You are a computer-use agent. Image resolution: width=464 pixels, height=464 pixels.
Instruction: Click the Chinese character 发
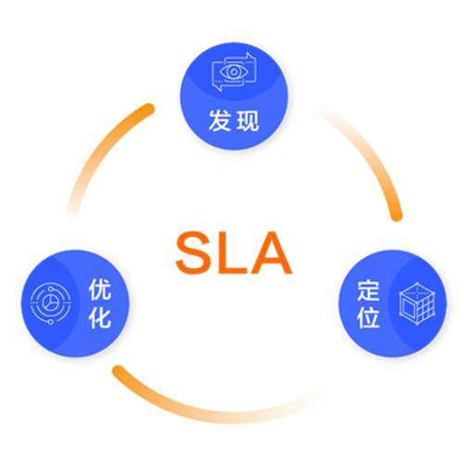[220, 121]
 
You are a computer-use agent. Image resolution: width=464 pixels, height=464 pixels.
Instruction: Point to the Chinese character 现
[248, 121]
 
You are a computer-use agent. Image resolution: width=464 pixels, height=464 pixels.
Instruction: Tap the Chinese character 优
[100, 290]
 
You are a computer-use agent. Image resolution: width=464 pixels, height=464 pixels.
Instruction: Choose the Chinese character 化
[100, 317]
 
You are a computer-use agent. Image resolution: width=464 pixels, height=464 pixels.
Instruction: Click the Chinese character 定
[368, 290]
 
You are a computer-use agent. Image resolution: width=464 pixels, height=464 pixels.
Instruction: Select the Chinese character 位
[368, 317]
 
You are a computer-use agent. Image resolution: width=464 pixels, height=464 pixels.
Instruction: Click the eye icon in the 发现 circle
[234, 71]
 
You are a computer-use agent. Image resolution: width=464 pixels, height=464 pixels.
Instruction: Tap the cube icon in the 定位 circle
[418, 303]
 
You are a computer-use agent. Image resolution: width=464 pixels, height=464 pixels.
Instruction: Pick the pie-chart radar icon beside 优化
[50, 303]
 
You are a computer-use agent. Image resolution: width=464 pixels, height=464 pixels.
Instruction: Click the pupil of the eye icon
[234, 71]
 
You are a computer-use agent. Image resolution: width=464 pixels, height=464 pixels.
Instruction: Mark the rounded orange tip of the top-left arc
[149, 109]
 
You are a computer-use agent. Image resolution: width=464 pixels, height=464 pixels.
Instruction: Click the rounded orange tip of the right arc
[396, 216]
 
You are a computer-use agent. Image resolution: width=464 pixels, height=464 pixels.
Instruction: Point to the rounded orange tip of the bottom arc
[118, 371]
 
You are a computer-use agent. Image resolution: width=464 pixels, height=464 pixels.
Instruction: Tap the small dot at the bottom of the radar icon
[50, 322]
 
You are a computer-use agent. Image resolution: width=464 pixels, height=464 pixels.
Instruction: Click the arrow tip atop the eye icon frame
[248, 55]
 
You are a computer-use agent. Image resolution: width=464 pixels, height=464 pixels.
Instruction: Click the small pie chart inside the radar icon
[49, 303]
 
